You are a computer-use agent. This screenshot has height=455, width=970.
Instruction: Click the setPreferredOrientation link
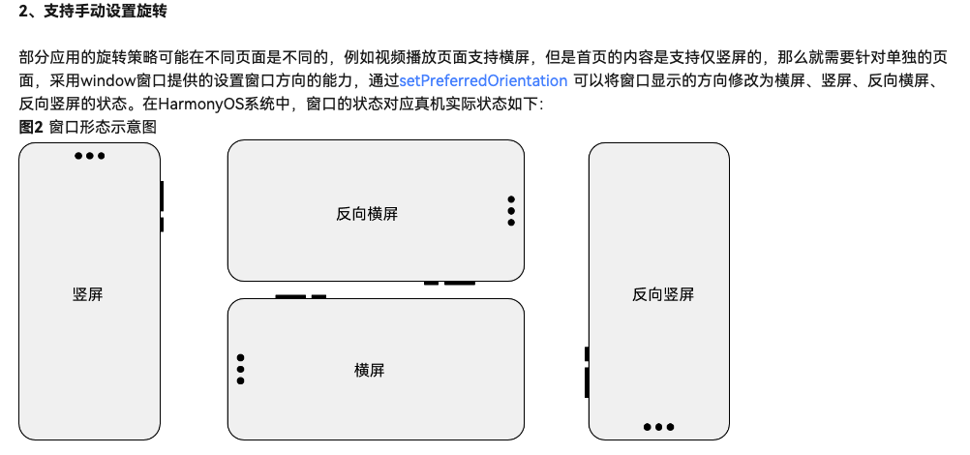[x=483, y=80]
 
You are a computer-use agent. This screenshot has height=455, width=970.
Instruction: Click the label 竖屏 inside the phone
[x=88, y=294]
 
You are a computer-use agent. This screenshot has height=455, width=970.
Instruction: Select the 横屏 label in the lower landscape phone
[x=370, y=370]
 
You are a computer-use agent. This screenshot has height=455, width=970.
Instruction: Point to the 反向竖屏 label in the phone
[x=663, y=294]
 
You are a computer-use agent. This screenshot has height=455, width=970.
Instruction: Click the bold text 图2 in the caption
[x=31, y=127]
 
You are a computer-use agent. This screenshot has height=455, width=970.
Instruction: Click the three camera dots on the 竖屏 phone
[x=89, y=156]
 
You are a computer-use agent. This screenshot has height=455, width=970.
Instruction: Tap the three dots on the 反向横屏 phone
[x=510, y=211]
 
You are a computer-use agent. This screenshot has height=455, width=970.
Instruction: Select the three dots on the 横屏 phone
[x=240, y=369]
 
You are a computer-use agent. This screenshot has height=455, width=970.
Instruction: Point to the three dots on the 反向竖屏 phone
[x=658, y=427]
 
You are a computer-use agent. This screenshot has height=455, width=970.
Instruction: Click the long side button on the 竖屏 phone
[x=162, y=196]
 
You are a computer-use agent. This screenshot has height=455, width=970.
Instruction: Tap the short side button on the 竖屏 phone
[x=162, y=225]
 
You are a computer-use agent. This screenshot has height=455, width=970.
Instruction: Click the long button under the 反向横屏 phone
[x=460, y=283]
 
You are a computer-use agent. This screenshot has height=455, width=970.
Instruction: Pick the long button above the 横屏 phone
[x=290, y=296]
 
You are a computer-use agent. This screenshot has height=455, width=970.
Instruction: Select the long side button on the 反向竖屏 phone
[x=587, y=381]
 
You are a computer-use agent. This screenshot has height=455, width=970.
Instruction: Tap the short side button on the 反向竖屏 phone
[x=587, y=353]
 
